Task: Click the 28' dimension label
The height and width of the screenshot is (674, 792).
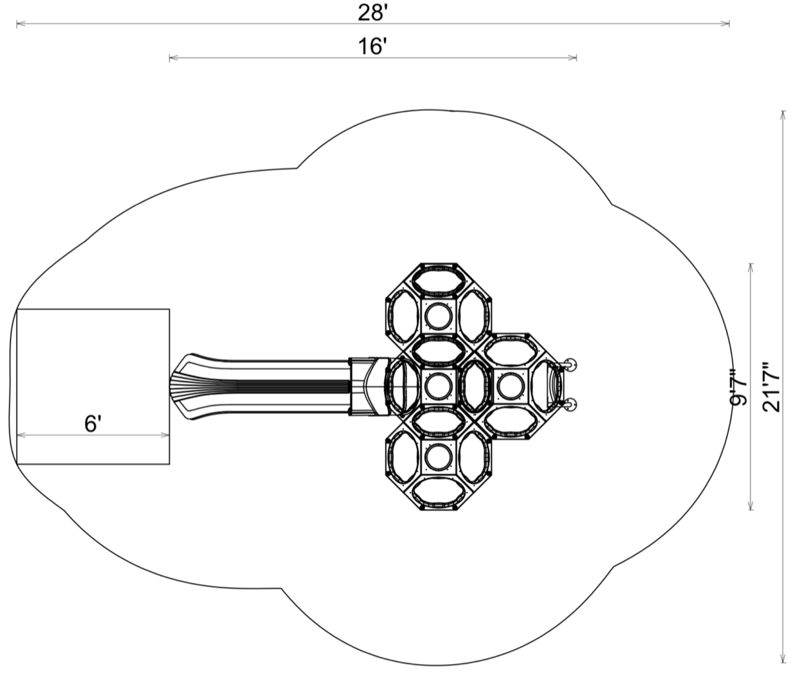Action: point(370,13)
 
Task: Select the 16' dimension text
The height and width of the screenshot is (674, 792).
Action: point(370,47)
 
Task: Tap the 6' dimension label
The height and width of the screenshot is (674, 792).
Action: point(91,424)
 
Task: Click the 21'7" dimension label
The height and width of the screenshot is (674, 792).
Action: point(772,387)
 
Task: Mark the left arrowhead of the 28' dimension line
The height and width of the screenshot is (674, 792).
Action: point(20,24)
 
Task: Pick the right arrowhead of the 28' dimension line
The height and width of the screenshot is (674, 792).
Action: point(725,24)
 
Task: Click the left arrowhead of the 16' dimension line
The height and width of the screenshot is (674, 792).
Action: point(174,58)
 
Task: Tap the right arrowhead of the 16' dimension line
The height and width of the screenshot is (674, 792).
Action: point(572,58)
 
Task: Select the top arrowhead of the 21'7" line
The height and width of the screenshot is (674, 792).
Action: point(783,115)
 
